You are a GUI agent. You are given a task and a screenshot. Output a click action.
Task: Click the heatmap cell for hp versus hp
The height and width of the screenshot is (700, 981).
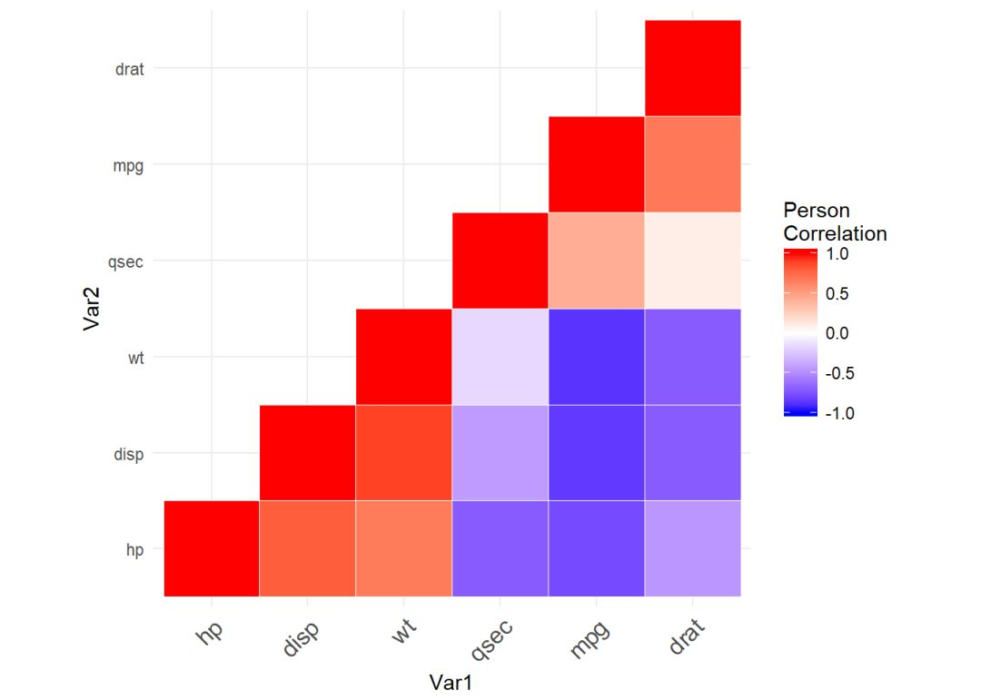tap(212, 548)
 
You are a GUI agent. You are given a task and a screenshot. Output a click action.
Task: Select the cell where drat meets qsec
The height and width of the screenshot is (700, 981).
tap(692, 261)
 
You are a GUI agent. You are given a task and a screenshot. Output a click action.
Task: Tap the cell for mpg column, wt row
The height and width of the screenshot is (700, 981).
tap(596, 357)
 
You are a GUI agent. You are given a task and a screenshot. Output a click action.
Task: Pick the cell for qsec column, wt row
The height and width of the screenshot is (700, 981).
tap(500, 357)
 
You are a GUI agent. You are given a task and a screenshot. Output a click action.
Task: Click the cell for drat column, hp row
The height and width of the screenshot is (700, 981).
tap(692, 548)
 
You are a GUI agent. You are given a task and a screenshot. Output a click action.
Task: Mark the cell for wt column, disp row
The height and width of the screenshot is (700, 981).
tap(403, 452)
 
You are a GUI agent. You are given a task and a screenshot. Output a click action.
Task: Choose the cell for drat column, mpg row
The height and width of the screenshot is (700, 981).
tap(692, 164)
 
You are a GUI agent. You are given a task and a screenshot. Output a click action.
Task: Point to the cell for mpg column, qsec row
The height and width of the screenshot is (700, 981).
tap(596, 261)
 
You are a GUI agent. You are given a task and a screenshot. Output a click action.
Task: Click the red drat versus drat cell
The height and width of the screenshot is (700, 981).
tap(692, 68)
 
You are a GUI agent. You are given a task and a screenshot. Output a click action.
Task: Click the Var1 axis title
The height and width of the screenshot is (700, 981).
tap(451, 682)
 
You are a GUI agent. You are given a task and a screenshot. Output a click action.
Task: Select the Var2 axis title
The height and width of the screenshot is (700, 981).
tap(92, 309)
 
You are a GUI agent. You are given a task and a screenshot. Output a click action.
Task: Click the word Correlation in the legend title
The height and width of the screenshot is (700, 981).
tap(835, 233)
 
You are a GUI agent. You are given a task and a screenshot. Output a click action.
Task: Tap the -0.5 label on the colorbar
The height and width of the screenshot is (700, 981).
tap(838, 373)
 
